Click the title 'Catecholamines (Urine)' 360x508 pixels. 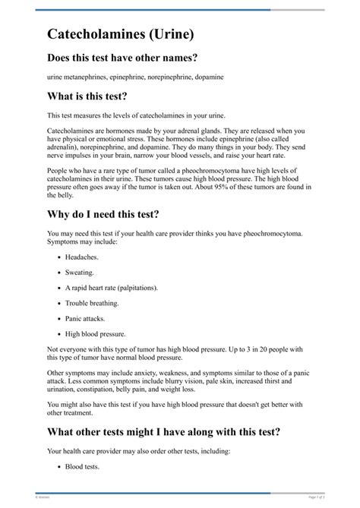coord(125,34)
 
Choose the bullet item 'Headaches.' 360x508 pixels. coord(81,257)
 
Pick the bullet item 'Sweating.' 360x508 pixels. coord(80,272)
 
